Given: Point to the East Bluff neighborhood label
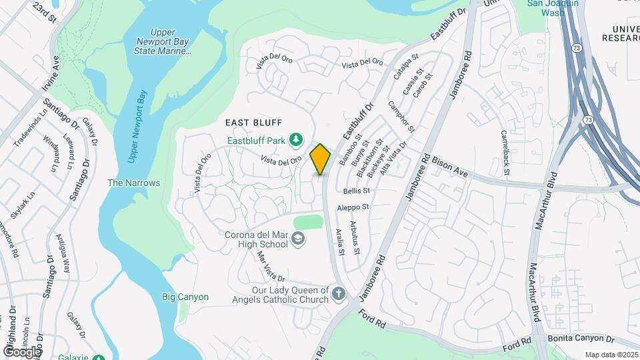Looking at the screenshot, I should [254, 123].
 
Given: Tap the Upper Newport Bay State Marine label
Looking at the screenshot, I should [163, 41].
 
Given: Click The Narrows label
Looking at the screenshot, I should [134, 183].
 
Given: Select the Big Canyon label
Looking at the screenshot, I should [185, 297].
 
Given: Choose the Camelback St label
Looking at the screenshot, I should [505, 153].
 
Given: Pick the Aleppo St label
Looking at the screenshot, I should [353, 208].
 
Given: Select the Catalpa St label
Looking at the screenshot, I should [404, 67].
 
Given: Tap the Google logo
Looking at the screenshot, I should [22, 351].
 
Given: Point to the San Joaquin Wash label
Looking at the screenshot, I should [553, 7].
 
